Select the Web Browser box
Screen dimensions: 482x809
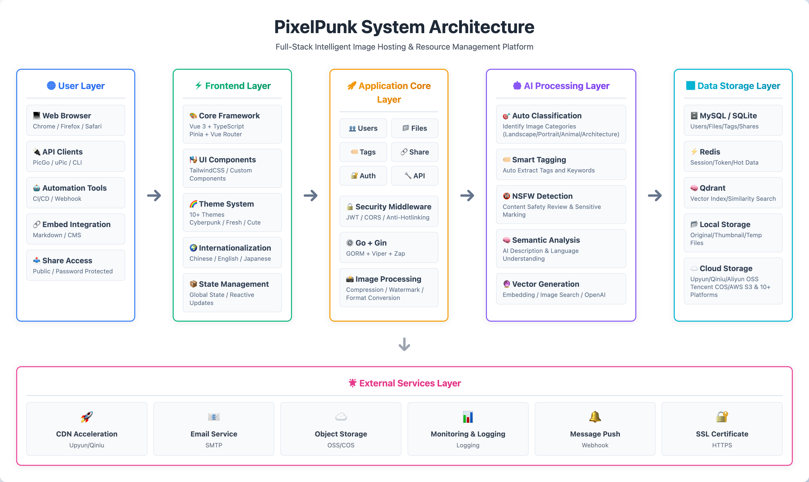tap(75, 120)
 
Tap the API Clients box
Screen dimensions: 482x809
tap(75, 157)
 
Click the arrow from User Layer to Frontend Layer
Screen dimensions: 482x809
tap(154, 195)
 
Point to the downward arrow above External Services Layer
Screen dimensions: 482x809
tap(404, 344)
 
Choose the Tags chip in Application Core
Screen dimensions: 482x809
tap(363, 152)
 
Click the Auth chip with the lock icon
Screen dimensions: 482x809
tap(363, 176)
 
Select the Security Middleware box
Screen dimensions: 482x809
tap(389, 211)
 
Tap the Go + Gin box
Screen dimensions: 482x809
tap(389, 248)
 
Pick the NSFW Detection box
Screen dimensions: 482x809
tap(561, 205)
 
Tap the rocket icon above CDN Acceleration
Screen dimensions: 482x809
tap(87, 417)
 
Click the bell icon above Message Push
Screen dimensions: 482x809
tap(595, 417)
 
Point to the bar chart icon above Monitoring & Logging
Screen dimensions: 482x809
tap(468, 417)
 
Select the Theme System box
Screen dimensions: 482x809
tap(232, 212)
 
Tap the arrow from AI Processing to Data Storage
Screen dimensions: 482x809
tap(655, 195)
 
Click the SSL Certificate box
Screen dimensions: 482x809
tap(722, 429)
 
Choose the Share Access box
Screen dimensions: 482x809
tap(75, 265)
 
